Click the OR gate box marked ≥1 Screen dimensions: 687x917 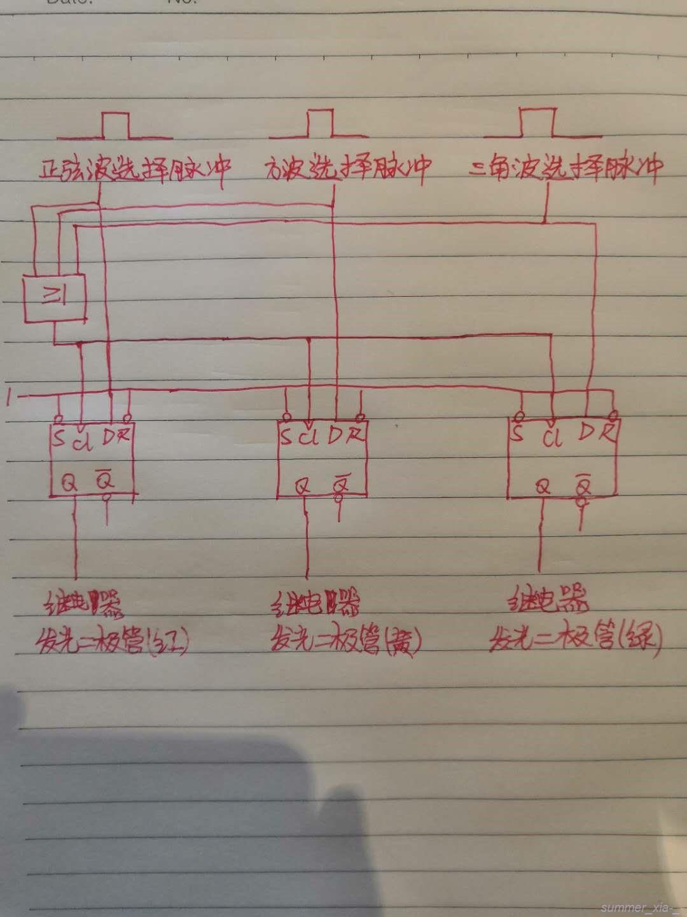pos(53,297)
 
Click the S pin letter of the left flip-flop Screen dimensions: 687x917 pos(59,438)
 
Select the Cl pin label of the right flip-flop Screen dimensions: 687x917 pos(554,438)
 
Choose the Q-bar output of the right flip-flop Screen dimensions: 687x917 pos(581,487)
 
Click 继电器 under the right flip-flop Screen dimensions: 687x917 pos(548,601)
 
